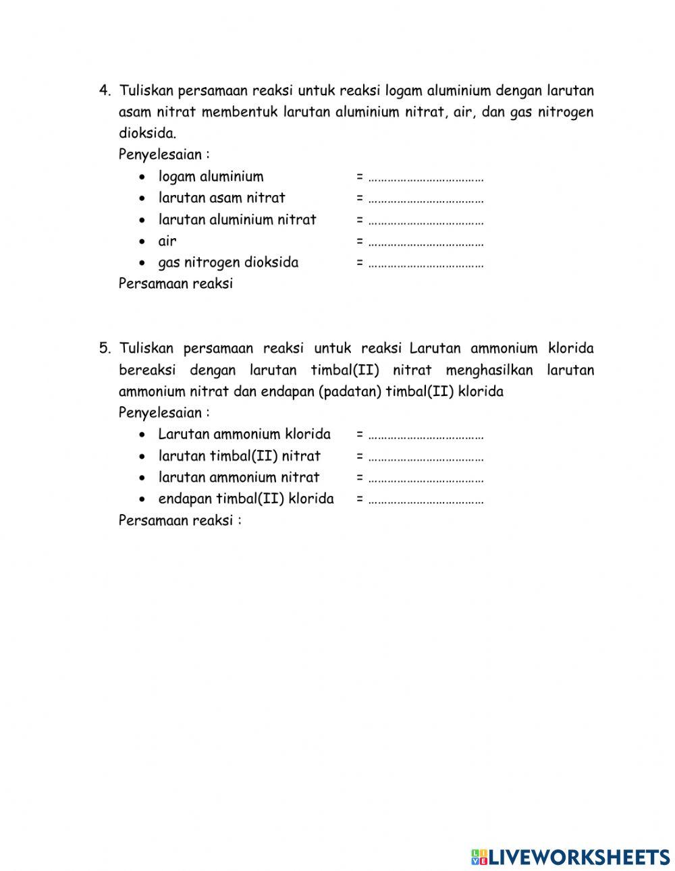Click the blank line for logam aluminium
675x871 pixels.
(x=426, y=178)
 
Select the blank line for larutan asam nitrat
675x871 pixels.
(x=426, y=200)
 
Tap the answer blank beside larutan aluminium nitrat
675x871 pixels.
(x=426, y=221)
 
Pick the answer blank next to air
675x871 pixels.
(x=426, y=243)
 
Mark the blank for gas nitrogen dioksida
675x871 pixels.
(x=426, y=264)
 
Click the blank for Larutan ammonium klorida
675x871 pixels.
(x=426, y=436)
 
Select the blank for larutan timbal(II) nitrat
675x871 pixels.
(x=426, y=457)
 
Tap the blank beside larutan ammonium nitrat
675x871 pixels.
(x=426, y=479)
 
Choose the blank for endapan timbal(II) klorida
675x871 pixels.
(x=426, y=501)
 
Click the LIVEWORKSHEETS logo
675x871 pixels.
(x=570, y=857)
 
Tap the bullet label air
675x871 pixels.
(x=167, y=241)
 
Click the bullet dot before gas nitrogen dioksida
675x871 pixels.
(x=142, y=263)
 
